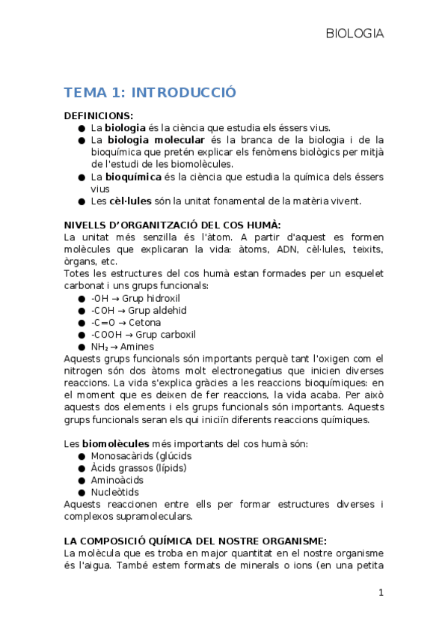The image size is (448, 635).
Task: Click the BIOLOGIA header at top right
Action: pyautogui.click(x=355, y=34)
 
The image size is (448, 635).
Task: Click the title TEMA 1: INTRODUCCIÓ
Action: pyautogui.click(x=150, y=93)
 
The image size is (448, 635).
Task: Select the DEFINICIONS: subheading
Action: pyautogui.click(x=98, y=115)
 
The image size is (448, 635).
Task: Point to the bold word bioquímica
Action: pyautogui.click(x=135, y=177)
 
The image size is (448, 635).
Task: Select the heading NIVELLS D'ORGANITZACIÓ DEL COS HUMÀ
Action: pyautogui.click(x=172, y=225)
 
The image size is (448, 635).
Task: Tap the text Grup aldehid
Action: pyautogui.click(x=157, y=310)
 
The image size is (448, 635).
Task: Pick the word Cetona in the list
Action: pyautogui.click(x=144, y=322)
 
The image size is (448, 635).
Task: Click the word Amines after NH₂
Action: pyautogui.click(x=136, y=347)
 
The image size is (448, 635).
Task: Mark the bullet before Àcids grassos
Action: pyautogui.click(x=82, y=468)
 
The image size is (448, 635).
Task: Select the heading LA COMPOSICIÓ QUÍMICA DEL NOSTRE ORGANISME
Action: pyautogui.click(x=195, y=541)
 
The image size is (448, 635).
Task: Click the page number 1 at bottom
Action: pyautogui.click(x=381, y=593)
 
